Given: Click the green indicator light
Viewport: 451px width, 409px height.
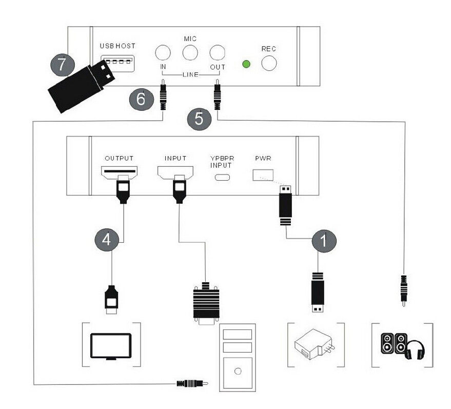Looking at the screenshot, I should click(x=247, y=65).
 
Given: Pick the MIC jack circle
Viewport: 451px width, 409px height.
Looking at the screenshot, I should click(x=190, y=52).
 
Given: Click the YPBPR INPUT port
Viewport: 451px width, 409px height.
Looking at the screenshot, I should click(x=222, y=178).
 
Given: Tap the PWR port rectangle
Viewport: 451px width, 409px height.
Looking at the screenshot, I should click(x=263, y=174).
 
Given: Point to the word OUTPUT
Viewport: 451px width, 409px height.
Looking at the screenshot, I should click(x=119, y=158).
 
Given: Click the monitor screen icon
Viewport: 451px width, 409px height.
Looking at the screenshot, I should click(x=110, y=345).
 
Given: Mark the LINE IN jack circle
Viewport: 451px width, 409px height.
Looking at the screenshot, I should click(x=163, y=52).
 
